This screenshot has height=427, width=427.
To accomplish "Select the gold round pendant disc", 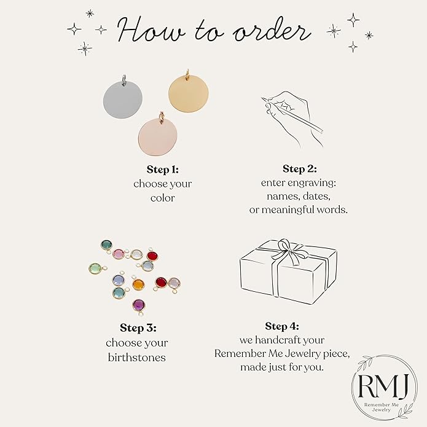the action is tap(189, 93).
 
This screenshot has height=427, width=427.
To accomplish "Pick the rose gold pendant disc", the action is tap(158, 136).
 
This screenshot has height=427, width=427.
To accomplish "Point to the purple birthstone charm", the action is tap(139, 305).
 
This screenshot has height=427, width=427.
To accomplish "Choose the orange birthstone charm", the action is tap(138, 284).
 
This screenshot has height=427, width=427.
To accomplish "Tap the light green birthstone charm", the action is tap(95, 268).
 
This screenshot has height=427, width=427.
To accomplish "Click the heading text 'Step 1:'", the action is tap(163, 170).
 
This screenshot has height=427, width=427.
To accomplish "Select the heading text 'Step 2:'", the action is tap(300, 168).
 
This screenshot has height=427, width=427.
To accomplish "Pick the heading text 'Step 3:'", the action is tap(138, 328).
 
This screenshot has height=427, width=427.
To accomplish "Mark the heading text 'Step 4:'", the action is tap(282, 326).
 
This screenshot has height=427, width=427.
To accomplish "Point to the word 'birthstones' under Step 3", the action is tap(137, 358).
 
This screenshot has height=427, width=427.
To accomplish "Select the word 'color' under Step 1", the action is tap(163, 198).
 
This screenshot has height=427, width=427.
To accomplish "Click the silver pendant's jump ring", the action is tap(124, 79).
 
